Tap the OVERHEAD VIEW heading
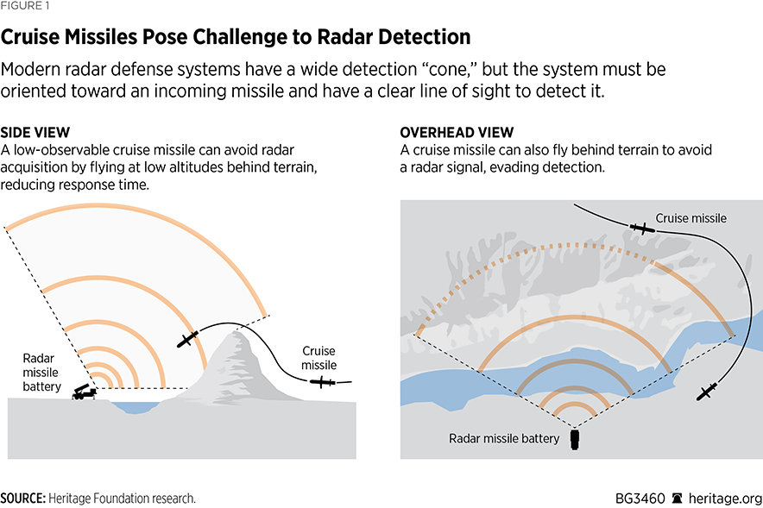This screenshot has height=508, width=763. click(457, 133)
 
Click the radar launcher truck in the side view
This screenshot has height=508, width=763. click(85, 392)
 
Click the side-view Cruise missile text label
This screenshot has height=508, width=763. click(318, 359)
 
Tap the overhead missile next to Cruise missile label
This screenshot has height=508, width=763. click(642, 229)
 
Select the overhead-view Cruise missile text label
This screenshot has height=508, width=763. click(690, 218)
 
